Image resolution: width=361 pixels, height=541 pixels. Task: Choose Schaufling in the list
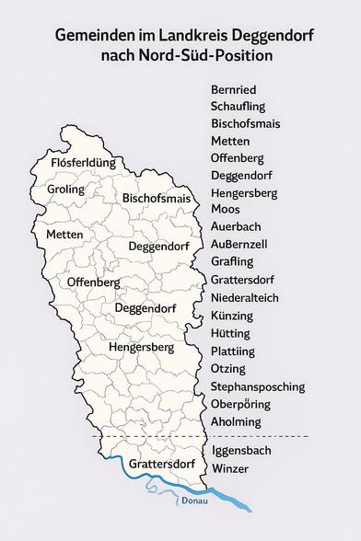239,108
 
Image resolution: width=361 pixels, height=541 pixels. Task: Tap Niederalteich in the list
244,298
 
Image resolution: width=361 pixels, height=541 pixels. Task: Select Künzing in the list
231,316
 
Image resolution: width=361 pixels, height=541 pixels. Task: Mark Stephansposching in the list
257,386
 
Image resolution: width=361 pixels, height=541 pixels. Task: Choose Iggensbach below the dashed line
242,452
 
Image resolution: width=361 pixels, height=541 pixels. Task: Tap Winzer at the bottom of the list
229,469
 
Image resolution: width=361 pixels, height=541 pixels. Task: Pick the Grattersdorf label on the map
161,463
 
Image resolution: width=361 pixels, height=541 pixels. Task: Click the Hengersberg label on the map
141,349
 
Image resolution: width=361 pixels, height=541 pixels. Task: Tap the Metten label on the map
64,235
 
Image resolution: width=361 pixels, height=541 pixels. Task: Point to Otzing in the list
228,369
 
